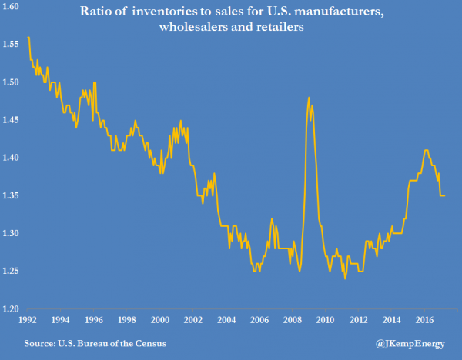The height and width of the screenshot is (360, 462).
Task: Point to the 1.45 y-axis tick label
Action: [12, 121]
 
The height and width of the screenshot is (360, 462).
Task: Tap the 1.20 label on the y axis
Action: [12, 310]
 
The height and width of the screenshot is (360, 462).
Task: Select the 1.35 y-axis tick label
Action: [12, 196]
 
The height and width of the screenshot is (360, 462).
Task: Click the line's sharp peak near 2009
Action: [309, 98]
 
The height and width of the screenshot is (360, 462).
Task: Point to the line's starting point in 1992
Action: [28, 37]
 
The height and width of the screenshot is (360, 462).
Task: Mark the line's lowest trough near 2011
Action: [345, 278]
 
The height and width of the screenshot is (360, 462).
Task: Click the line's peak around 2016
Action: [426, 150]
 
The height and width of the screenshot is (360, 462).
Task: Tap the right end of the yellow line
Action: [445, 195]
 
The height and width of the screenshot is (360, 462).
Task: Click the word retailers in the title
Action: [295, 28]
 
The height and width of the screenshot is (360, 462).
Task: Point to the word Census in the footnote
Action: [149, 341]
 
